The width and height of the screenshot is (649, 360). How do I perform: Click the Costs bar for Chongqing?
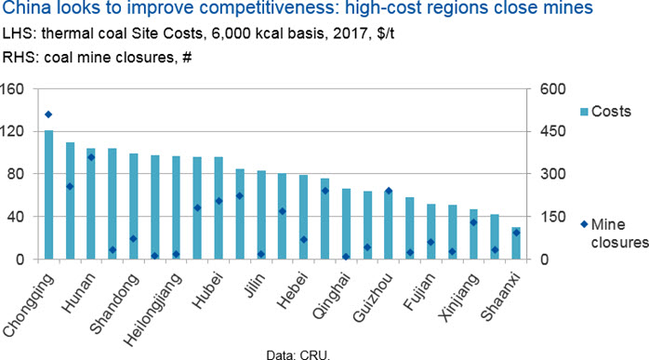[x=48, y=194]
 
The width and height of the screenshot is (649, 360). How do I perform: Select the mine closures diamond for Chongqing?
[x=48, y=114]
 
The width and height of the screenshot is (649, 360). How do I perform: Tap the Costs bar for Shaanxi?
[x=516, y=243]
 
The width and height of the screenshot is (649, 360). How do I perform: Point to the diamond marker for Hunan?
[x=91, y=157]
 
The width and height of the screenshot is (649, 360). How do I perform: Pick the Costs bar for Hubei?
[x=219, y=208]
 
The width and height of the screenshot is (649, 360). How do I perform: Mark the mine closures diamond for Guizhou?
[x=389, y=191]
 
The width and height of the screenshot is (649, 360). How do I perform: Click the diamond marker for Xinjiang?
[x=473, y=222]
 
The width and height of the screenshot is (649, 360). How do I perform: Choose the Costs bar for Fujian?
[x=430, y=232]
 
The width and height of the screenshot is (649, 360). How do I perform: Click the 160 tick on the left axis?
[x=13, y=89]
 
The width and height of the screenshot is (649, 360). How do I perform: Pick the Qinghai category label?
[x=332, y=296]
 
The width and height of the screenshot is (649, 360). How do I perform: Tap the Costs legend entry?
[x=606, y=111]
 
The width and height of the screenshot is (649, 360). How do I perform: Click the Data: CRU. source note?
[x=298, y=355]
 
